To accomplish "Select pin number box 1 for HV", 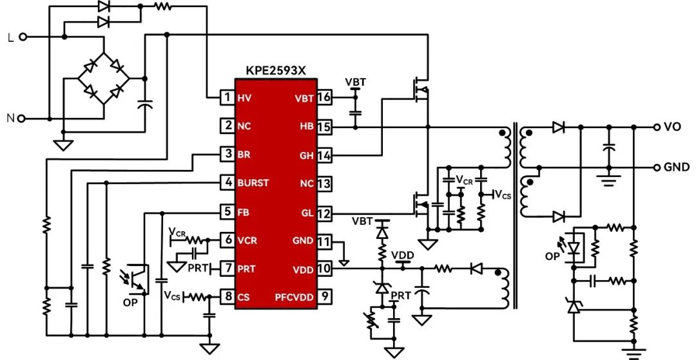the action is (x=228, y=97).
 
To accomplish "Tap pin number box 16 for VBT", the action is (x=324, y=97).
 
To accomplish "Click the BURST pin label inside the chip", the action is (x=253, y=183).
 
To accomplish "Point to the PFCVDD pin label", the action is (x=295, y=297).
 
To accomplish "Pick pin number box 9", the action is (x=324, y=296).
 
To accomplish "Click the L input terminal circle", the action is (x=23, y=37).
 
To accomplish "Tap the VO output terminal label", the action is (x=672, y=127).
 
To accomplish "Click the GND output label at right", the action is (x=677, y=167).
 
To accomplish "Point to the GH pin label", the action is (x=307, y=155).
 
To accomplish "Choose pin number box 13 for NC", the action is (x=324, y=183).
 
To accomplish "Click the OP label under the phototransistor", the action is (x=130, y=303).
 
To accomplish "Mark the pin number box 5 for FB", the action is (x=228, y=212).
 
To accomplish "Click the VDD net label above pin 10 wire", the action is (x=403, y=256).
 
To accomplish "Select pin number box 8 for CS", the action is (x=228, y=296).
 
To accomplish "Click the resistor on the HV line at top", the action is (x=162, y=6).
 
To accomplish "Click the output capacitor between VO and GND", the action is (x=609, y=147).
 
